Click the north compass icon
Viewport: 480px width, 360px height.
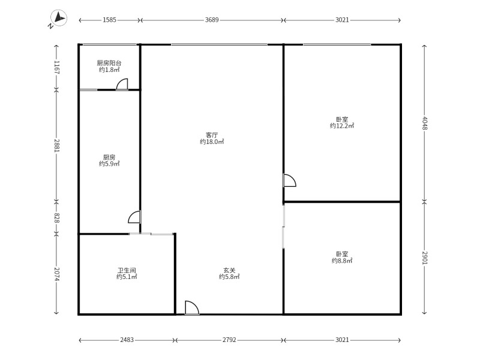[58, 18]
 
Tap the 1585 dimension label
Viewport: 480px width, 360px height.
[109, 20]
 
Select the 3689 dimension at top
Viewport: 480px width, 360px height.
[212, 20]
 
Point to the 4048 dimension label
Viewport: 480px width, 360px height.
[424, 123]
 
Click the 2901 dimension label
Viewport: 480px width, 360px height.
[424, 258]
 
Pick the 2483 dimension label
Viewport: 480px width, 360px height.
[127, 340]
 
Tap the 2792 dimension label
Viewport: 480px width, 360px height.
[229, 340]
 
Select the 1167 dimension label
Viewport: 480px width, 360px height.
[56, 67]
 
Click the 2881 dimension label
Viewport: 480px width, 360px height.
[56, 146]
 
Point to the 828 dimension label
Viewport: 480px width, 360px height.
[56, 218]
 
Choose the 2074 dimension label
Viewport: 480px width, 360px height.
[56, 274]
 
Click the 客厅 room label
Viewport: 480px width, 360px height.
[212, 135]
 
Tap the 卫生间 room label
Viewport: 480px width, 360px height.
[127, 271]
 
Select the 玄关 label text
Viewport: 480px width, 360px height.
[229, 271]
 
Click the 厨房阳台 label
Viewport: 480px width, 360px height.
[109, 63]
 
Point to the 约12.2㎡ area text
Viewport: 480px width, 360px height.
[342, 126]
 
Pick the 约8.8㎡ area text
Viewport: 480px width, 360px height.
[342, 261]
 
